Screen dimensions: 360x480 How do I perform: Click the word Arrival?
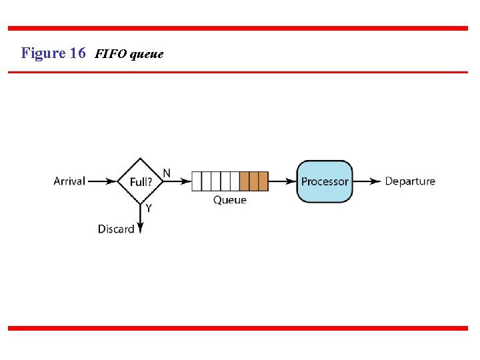(69, 181)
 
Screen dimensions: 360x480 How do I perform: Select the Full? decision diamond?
(140, 181)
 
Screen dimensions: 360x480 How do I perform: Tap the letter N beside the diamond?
(167, 173)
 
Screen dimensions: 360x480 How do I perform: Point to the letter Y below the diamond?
(148, 208)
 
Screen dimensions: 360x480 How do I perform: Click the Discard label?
(116, 229)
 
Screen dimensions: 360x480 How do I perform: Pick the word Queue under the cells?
(229, 200)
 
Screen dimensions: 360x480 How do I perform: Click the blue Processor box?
(325, 181)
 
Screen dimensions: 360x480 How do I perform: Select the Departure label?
(410, 181)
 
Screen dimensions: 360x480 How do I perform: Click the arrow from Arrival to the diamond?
(102, 181)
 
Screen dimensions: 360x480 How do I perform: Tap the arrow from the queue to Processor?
(282, 181)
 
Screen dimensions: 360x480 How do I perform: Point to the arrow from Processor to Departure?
(367, 181)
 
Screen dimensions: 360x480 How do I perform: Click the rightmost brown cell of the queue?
(263, 181)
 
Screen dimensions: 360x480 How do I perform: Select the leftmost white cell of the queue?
(197, 181)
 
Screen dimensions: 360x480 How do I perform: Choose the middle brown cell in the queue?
(254, 181)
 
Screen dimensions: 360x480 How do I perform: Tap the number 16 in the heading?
(77, 53)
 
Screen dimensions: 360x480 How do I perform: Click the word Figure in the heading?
(43, 53)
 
